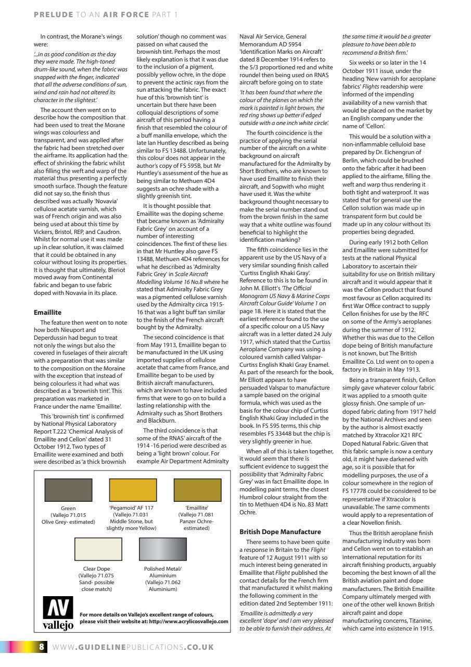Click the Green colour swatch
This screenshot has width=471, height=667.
[68, 490]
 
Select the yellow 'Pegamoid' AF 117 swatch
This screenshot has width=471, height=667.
[132, 490]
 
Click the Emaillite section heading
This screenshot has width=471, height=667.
[48, 313]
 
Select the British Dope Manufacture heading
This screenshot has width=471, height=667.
[280, 532]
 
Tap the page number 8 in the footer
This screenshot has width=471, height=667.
[42, 647]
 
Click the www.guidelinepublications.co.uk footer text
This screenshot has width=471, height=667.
[133, 647]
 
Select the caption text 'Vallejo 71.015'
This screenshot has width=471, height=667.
[68, 514]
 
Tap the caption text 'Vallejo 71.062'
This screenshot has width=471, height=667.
[162, 582]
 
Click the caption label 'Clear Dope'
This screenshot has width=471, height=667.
[98, 569]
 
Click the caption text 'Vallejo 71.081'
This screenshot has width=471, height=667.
[197, 514]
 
